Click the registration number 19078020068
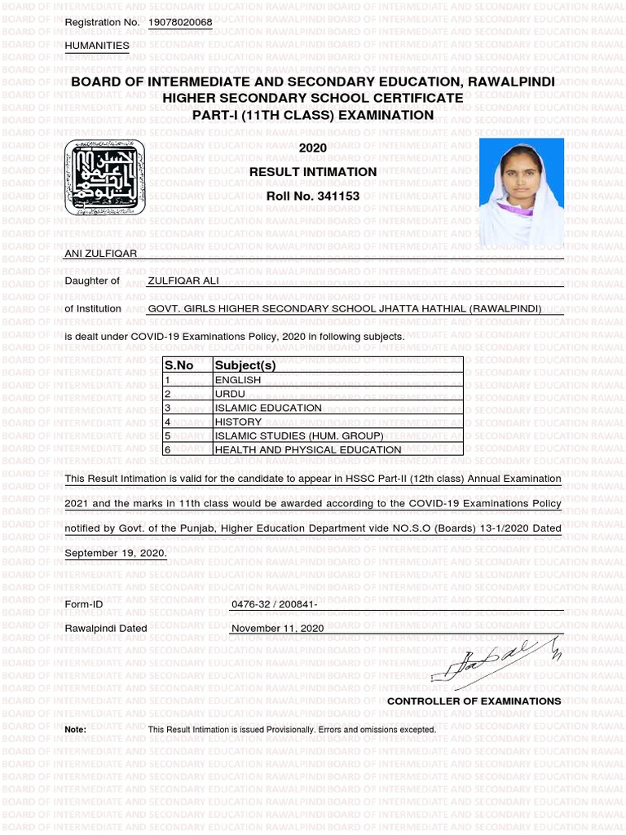pyautogui.click(x=180, y=22)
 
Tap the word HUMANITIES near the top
pyautogui.click(x=97, y=46)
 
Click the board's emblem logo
pyautogui.click(x=104, y=177)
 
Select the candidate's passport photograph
pyautogui.click(x=521, y=192)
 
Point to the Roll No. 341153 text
pyautogui.click(x=312, y=197)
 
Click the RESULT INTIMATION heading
pyautogui.click(x=312, y=172)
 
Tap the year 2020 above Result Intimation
pyautogui.click(x=312, y=148)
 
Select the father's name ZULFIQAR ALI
pyautogui.click(x=183, y=281)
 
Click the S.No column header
pyautogui.click(x=179, y=365)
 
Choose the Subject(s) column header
pyautogui.click(x=245, y=365)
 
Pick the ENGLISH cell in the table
pyautogui.click(x=238, y=380)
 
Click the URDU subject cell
pyautogui.click(x=230, y=394)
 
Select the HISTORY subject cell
pyautogui.click(x=238, y=422)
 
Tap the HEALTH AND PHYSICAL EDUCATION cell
pyautogui.click(x=308, y=449)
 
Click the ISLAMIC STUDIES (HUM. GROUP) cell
pyautogui.click(x=298, y=435)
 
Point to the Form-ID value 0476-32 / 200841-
pyautogui.click(x=275, y=604)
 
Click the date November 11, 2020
pyautogui.click(x=278, y=629)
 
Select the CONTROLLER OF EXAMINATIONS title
pyautogui.click(x=474, y=701)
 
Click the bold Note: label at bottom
pyautogui.click(x=75, y=730)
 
